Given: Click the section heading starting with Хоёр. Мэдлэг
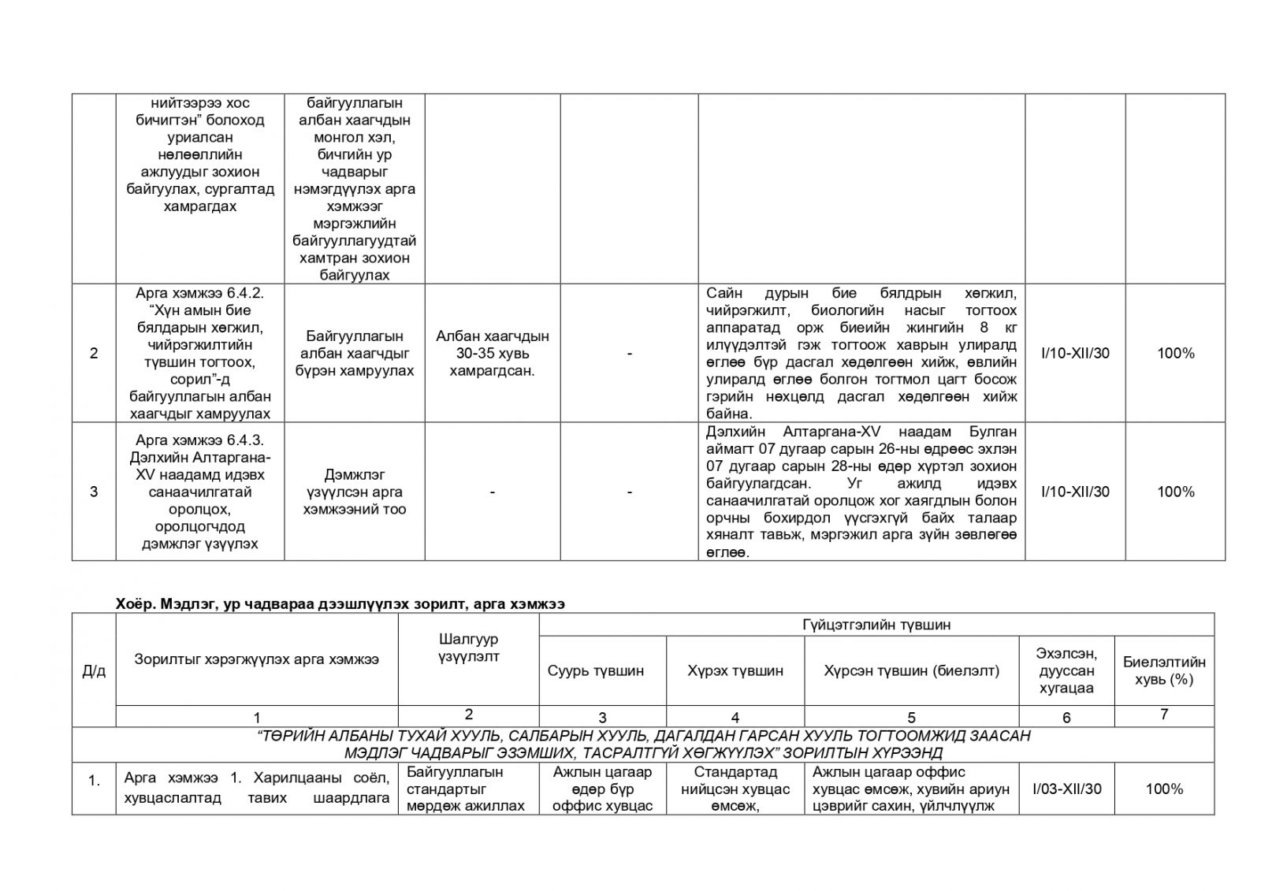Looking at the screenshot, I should (x=340, y=603).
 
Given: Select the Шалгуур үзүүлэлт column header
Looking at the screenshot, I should (x=468, y=648).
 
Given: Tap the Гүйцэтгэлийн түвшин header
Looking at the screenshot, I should (x=876, y=625).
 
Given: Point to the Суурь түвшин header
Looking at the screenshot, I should (x=595, y=670).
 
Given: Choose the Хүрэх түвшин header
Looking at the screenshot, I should (x=735, y=670).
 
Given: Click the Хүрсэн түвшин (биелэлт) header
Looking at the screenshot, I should (x=911, y=670).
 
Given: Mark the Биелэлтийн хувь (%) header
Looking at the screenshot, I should (x=1163, y=670).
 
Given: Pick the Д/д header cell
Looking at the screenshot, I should (x=94, y=670).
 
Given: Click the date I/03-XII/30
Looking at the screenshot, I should (x=1066, y=789).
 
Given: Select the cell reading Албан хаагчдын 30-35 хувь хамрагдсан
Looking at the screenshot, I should (x=492, y=353).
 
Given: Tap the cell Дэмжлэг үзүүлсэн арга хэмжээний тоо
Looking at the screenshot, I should (x=354, y=492).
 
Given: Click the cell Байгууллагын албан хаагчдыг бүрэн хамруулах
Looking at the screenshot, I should (x=354, y=353).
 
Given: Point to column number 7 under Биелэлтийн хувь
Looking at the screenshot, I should (x=1163, y=715).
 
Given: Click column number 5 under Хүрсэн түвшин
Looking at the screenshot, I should (x=911, y=717).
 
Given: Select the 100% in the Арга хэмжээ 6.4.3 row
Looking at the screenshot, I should (x=1175, y=492).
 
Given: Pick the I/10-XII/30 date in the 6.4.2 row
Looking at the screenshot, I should (x=1075, y=353).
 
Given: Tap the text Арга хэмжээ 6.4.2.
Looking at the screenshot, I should (x=199, y=292).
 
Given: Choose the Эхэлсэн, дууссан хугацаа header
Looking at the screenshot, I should (x=1066, y=670).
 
